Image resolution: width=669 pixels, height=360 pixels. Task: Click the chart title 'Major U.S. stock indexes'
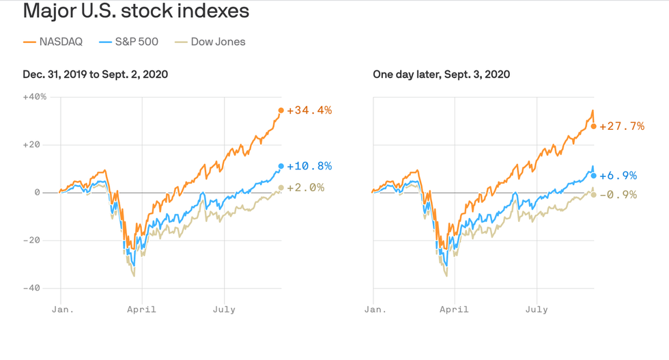136,12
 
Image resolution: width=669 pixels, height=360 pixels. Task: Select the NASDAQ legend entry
53,42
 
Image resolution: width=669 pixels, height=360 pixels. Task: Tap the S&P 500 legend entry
129,42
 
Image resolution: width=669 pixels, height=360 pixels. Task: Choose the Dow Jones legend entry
210,42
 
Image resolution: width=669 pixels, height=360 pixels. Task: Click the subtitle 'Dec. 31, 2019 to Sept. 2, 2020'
96,74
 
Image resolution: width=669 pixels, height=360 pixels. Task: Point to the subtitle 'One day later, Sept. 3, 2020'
441,74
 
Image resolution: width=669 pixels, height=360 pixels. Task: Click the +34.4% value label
309,110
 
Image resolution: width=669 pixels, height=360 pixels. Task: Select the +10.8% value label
309,166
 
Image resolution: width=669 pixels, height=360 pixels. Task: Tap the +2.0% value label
306,187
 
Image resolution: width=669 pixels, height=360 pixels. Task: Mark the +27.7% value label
621,126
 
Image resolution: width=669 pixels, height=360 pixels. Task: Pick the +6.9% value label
618,176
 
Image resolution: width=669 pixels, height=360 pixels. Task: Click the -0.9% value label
618,195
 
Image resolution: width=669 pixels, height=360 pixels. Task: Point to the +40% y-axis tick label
35,96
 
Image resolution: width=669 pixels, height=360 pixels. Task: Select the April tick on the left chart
142,309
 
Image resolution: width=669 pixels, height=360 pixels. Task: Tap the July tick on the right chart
537,309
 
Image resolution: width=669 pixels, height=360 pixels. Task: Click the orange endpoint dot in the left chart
281,111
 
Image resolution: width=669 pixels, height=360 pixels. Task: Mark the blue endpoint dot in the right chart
594,176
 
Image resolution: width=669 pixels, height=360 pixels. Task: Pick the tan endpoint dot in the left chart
281,188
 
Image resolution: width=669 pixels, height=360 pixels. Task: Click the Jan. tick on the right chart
375,309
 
